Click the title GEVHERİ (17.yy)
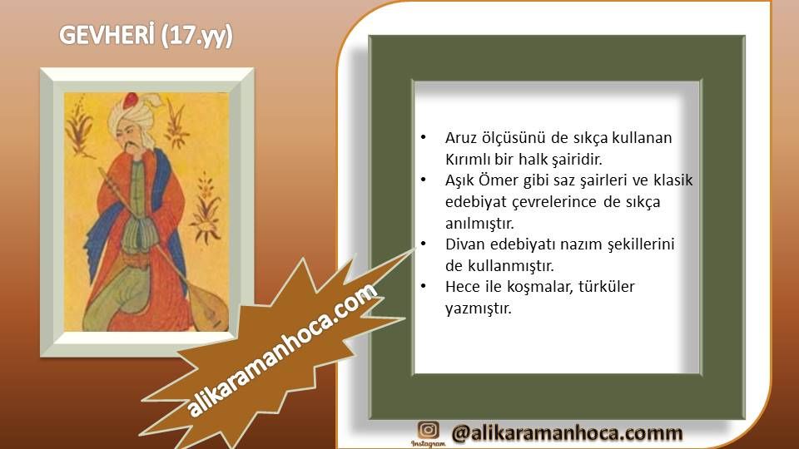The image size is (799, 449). click(146, 36)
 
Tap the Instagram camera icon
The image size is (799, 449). click(428, 430)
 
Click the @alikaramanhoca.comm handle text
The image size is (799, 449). click(567, 432)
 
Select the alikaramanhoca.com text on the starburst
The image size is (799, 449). click(282, 350)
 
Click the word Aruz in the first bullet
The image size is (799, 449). click(460, 138)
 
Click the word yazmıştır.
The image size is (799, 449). click(478, 308)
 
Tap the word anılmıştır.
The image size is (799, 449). click(479, 224)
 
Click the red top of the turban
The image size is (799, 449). click(131, 100)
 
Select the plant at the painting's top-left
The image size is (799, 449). click(80, 127)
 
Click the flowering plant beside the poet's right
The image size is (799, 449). click(206, 209)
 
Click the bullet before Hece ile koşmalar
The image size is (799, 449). click(423, 287)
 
